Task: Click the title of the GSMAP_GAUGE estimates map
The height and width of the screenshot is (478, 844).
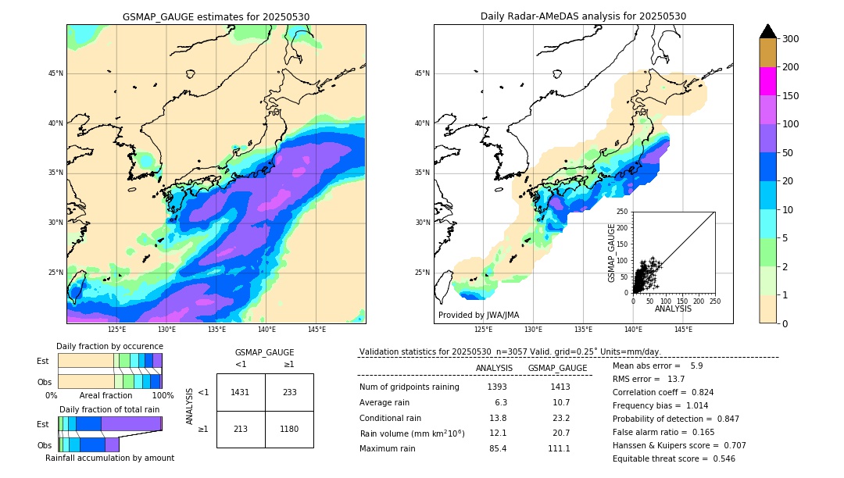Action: point(216,16)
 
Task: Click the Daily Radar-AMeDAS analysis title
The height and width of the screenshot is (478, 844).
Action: point(583,16)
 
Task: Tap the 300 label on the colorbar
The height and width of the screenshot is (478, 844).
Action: point(791,38)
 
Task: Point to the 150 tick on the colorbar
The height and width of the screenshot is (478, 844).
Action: point(791,96)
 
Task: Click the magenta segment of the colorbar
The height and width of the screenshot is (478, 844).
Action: point(768,81)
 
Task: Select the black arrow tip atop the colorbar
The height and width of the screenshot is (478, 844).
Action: point(768,30)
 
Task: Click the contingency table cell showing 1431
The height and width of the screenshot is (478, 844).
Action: point(241,392)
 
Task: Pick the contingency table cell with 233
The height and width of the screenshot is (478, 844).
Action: point(289,392)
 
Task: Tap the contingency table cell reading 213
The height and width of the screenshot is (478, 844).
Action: point(241,429)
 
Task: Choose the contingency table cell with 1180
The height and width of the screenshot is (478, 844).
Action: point(289,429)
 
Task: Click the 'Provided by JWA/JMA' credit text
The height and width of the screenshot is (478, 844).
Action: point(478,316)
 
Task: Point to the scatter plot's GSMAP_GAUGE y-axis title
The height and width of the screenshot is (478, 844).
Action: point(613,252)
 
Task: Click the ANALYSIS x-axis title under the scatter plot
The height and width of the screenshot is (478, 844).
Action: point(673,309)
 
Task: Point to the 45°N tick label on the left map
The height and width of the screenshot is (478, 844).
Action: point(55,73)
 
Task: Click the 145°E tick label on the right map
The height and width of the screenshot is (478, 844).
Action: point(683,330)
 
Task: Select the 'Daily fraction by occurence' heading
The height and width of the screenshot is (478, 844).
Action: point(109,346)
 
